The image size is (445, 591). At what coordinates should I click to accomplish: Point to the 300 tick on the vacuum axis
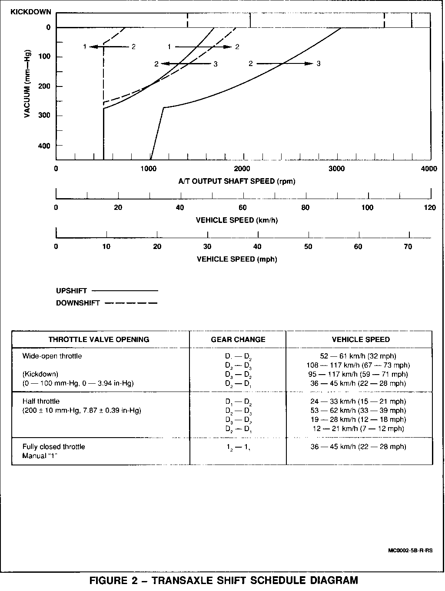click(45, 116)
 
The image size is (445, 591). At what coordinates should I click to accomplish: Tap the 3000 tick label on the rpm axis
click(337, 169)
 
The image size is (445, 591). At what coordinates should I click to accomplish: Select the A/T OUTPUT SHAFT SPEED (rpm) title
click(237, 181)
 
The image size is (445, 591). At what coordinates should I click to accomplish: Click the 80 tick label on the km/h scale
click(306, 208)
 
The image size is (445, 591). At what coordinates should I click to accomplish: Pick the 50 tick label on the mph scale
click(308, 247)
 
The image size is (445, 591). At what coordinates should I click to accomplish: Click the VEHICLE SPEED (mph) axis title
click(237, 259)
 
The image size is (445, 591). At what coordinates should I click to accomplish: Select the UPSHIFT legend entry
click(72, 291)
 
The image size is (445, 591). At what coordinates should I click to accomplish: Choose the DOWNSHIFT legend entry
click(78, 303)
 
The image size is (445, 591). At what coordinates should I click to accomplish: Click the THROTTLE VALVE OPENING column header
click(99, 339)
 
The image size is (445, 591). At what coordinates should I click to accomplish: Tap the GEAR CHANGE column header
click(238, 339)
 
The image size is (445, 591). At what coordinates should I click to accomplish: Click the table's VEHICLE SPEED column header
click(361, 339)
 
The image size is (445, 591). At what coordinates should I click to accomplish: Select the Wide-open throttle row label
click(52, 356)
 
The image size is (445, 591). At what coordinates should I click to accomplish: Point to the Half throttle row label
click(41, 402)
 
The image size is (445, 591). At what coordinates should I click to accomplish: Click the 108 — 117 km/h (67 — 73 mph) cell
click(358, 365)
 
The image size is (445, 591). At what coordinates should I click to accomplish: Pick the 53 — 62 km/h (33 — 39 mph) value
click(358, 411)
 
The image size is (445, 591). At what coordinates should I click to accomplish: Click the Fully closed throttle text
click(54, 447)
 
